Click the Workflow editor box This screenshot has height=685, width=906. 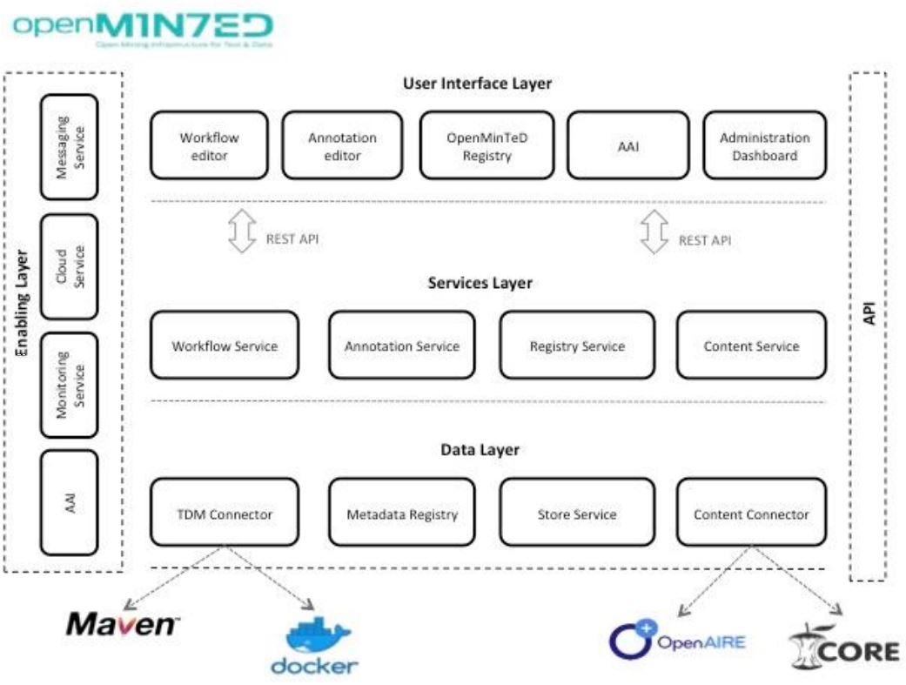[x=209, y=146]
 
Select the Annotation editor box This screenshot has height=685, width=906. [x=342, y=146]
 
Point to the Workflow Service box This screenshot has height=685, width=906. [x=225, y=346]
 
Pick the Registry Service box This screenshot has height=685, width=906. [x=577, y=346]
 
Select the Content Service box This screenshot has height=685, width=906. [x=751, y=346]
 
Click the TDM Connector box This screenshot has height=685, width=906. [x=225, y=514]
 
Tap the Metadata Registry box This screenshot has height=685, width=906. [x=402, y=514]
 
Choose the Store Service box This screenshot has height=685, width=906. [x=577, y=514]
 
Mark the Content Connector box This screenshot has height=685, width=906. [x=751, y=514]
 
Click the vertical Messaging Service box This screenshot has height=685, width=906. [x=70, y=146]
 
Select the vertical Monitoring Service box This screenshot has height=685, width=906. [x=70, y=384]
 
